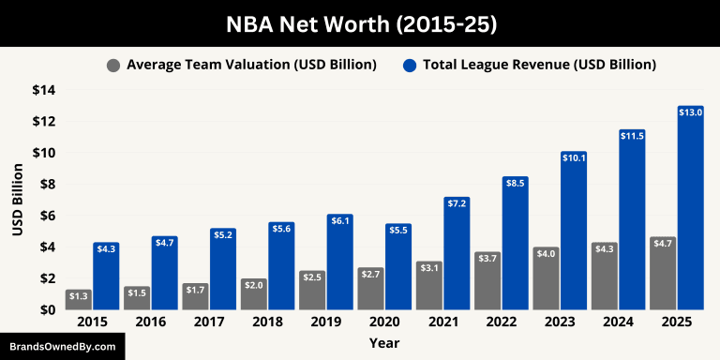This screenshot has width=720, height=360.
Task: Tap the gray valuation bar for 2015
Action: point(79,300)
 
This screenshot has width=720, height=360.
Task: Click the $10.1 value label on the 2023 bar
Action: point(573,157)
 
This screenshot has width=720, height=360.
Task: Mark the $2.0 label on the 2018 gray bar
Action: point(253,284)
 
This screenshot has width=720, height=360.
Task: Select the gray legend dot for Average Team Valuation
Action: point(113,66)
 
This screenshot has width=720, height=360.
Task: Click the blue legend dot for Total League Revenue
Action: point(410,66)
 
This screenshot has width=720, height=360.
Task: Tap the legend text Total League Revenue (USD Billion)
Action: point(539,65)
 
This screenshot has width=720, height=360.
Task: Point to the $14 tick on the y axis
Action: point(43,90)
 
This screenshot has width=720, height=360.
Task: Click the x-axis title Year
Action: point(383,343)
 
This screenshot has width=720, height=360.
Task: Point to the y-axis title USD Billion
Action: point(18,200)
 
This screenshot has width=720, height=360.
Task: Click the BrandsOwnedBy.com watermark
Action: point(62,346)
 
